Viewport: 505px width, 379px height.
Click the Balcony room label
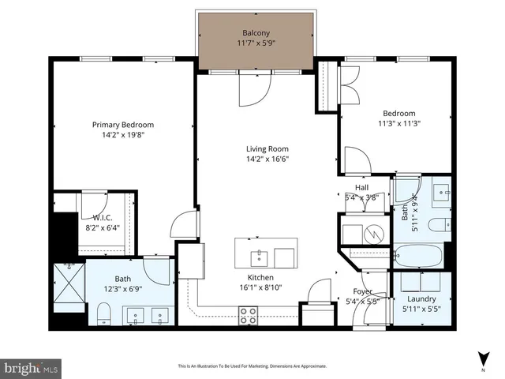(256, 33)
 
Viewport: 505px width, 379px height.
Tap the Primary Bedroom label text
(122, 125)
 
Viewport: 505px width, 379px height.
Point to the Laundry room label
(421, 299)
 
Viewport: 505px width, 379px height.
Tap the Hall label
(362, 187)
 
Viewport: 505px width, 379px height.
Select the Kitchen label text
(261, 279)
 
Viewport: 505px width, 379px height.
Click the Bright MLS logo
(32, 367)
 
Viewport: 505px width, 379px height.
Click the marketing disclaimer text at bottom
(252, 366)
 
